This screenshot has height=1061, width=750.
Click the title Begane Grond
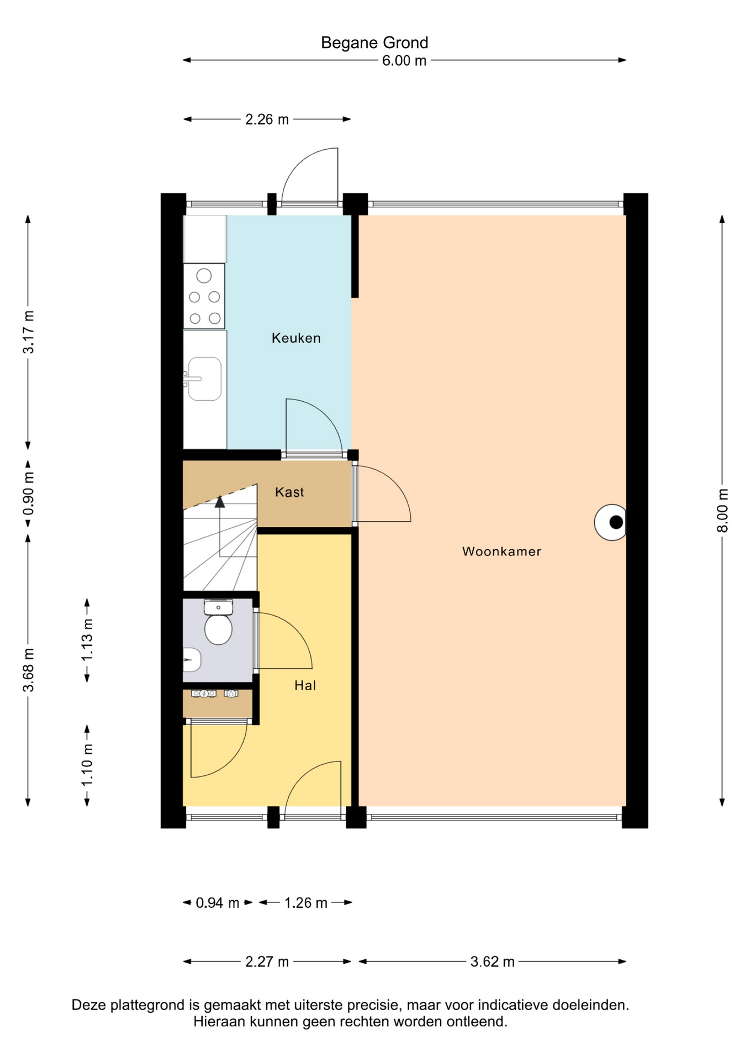point(374,43)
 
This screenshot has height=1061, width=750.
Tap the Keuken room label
point(296,338)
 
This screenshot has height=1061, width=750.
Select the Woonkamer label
point(501,551)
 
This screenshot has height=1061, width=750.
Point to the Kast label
point(289,492)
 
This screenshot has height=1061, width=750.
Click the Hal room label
point(305,685)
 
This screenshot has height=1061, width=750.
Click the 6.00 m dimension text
point(404,61)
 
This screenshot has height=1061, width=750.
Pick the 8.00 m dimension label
point(722,510)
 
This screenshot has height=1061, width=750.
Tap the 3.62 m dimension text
point(492,962)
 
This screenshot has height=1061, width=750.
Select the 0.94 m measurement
point(218,903)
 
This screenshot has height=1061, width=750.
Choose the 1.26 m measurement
point(306,903)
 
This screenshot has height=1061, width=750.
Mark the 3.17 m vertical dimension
point(28,332)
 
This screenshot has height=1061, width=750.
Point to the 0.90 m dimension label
point(28,493)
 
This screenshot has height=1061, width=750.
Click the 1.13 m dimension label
point(87,640)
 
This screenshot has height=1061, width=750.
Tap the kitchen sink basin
point(205,379)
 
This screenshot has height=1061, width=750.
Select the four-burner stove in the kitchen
point(204,296)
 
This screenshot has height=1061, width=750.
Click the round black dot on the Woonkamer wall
point(616,522)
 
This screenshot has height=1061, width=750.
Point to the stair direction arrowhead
point(220,501)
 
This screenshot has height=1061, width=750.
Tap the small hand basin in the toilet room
point(191,660)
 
